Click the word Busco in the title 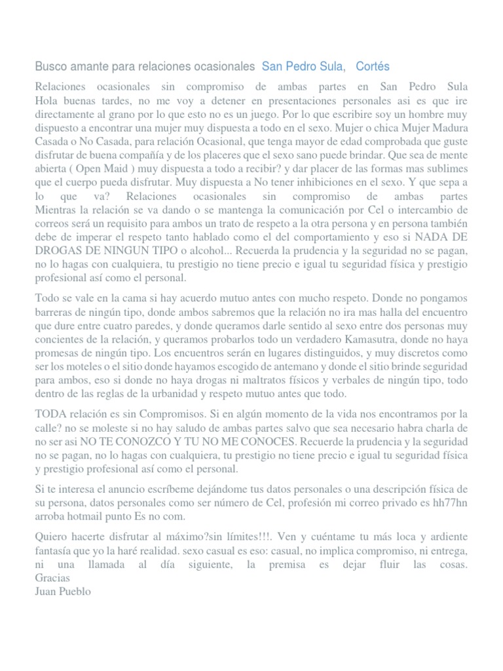[50, 67]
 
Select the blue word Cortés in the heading [373, 67]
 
